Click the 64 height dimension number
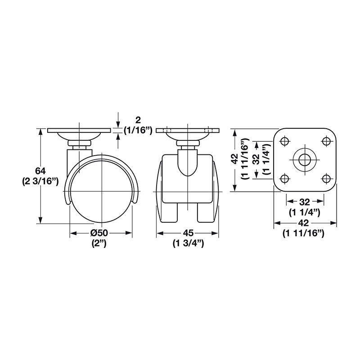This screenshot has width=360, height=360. [x=40, y=171]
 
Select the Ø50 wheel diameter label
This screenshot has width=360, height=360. [x=99, y=233]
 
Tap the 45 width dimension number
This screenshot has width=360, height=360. [x=188, y=233]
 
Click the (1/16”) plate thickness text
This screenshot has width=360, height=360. [x=138, y=130]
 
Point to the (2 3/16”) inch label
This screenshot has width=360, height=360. [x=40, y=181]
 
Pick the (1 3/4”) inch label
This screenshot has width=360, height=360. [x=188, y=243]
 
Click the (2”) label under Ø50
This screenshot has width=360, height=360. [x=99, y=243]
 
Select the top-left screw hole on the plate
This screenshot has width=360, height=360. [x=285, y=141]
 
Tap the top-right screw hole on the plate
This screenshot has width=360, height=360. [x=326, y=141]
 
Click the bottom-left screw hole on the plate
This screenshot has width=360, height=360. [x=285, y=178]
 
